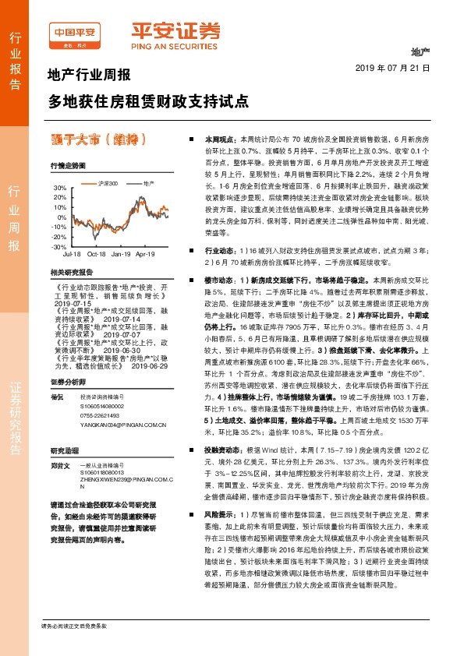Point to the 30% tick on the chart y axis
click(x=60, y=189)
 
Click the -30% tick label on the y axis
click(x=59, y=246)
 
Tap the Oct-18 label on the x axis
click(x=96, y=254)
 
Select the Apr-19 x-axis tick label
click(x=146, y=254)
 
